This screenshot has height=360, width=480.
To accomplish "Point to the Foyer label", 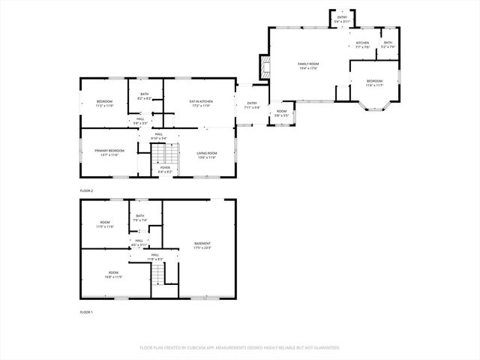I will click(165, 169).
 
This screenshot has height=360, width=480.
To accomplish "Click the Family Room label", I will click(308, 66).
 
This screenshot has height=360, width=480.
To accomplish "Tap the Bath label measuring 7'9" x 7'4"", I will click(140, 217).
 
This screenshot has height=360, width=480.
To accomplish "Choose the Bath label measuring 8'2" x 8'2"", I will click(144, 96).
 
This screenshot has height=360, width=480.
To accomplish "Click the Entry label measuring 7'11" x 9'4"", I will click(252, 105).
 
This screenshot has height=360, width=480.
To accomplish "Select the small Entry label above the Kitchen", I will click(342, 18).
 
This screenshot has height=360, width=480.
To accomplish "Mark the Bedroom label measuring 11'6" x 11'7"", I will click(374, 82).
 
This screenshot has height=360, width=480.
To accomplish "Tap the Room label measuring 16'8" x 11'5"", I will click(113, 274).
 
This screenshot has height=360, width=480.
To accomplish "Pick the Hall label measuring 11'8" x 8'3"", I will click(155, 256).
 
